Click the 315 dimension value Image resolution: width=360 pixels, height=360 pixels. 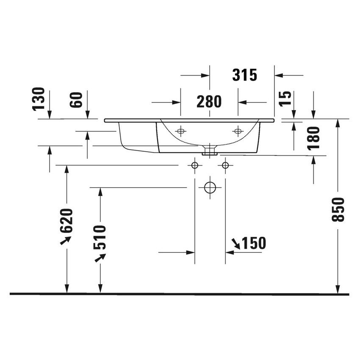tap(245, 75)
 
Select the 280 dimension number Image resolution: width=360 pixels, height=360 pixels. tap(209, 102)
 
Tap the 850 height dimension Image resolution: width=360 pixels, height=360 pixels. tap(338, 209)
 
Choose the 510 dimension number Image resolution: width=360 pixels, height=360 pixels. tap(100, 237)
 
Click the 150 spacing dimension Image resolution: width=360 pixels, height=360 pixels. tap(254, 244)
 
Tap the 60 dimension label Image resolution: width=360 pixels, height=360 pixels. tap(77, 100)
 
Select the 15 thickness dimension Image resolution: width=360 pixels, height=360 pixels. tap(286, 99)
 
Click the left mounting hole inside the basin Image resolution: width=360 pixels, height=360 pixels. tap(181, 131)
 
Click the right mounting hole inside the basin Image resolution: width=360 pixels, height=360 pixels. tap(238, 131)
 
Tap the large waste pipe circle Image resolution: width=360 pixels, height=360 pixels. tap(210, 187)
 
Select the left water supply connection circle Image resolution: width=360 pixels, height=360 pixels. tap(194, 165)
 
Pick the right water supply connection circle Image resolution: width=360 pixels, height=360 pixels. tap(225, 165)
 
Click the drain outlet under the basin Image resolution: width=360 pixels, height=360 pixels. tap(210, 150)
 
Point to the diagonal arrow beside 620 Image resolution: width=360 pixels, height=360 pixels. tap(65, 240)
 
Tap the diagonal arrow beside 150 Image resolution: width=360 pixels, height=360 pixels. tap(235, 243)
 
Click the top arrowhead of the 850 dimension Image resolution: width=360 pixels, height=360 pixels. tap(338, 122)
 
